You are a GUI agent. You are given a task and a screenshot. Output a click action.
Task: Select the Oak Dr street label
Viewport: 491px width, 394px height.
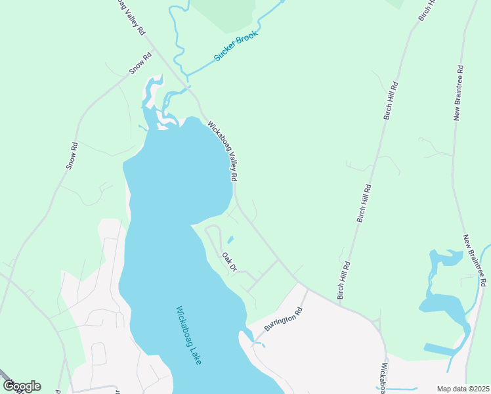pos(229,262)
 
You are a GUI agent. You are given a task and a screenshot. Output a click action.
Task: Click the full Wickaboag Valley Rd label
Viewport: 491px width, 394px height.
pos(223,151)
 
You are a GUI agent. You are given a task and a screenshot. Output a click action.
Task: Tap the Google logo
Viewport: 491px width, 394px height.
pos(22,386)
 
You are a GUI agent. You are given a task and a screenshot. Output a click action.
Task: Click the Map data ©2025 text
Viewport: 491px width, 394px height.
pos(463,389)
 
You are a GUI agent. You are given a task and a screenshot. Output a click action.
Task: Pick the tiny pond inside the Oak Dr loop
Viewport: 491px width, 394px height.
pos(230,239)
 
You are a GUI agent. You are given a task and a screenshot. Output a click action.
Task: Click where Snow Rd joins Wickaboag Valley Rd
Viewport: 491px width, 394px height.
pos(152,43)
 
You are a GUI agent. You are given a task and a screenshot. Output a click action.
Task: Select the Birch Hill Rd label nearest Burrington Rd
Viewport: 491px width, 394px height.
pos(344,280)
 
